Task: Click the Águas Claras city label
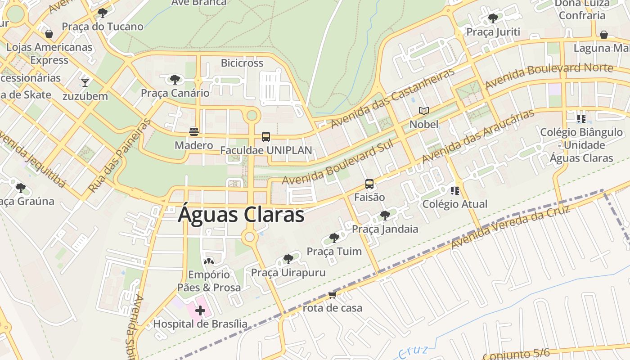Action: pyautogui.click(x=241, y=215)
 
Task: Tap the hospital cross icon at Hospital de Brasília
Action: pyautogui.click(x=200, y=310)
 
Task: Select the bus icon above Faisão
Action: pyautogui.click(x=369, y=184)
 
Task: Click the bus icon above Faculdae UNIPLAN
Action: pyautogui.click(x=266, y=137)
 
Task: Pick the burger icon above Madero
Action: pyautogui.click(x=194, y=132)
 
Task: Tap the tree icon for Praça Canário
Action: pyautogui.click(x=175, y=80)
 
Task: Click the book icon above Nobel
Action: pyautogui.click(x=423, y=111)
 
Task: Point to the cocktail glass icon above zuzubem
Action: pyautogui.click(x=85, y=82)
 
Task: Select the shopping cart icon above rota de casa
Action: pyautogui.click(x=332, y=295)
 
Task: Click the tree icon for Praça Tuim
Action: pyautogui.click(x=334, y=238)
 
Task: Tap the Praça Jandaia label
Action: pyautogui.click(x=385, y=229)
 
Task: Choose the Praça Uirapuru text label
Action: pyautogui.click(x=288, y=273)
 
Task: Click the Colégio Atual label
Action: pyautogui.click(x=454, y=204)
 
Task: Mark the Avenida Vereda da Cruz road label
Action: pyautogui.click(x=511, y=227)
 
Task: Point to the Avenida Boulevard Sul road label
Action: pyautogui.click(x=338, y=162)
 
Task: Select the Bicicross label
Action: pyautogui.click(x=242, y=63)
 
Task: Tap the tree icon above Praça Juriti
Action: pyautogui.click(x=493, y=18)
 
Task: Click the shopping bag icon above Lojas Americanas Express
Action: pyautogui.click(x=49, y=34)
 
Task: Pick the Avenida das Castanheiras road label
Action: pyautogui.click(x=392, y=99)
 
